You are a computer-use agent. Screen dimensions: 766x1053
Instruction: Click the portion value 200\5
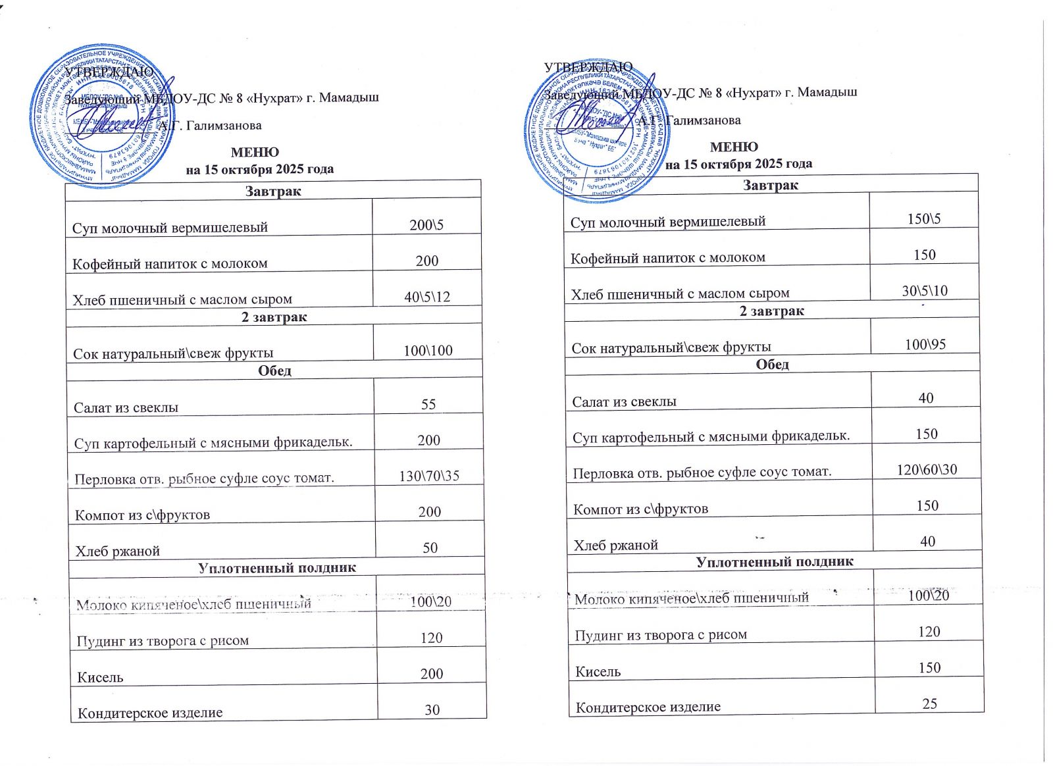(426, 225)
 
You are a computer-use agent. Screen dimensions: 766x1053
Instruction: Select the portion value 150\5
(924, 219)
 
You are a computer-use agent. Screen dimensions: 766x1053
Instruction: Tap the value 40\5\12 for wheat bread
(427, 297)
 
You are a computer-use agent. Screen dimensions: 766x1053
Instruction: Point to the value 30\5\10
(925, 291)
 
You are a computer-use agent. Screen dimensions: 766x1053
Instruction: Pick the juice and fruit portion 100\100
(428, 351)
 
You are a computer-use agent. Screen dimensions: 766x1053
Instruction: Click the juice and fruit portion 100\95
(925, 344)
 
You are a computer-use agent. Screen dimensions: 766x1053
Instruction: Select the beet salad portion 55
(428, 404)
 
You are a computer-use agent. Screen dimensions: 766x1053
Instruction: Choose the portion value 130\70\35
(429, 476)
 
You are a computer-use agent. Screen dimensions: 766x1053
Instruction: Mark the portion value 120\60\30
(927, 470)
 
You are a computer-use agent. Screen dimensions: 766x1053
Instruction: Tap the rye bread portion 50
(430, 548)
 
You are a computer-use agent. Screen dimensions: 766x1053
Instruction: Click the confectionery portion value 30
(432, 709)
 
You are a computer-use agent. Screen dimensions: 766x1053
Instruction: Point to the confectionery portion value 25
(929, 703)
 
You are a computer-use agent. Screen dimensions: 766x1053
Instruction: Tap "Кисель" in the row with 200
(100, 677)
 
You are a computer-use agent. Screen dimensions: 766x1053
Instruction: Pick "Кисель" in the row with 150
(598, 672)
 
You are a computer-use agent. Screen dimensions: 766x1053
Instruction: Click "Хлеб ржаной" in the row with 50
(117, 551)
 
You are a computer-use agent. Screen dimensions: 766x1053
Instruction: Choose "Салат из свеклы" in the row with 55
(126, 407)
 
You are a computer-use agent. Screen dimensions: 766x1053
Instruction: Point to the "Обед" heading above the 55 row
(274, 370)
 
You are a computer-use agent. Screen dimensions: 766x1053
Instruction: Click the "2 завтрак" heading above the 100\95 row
(771, 311)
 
